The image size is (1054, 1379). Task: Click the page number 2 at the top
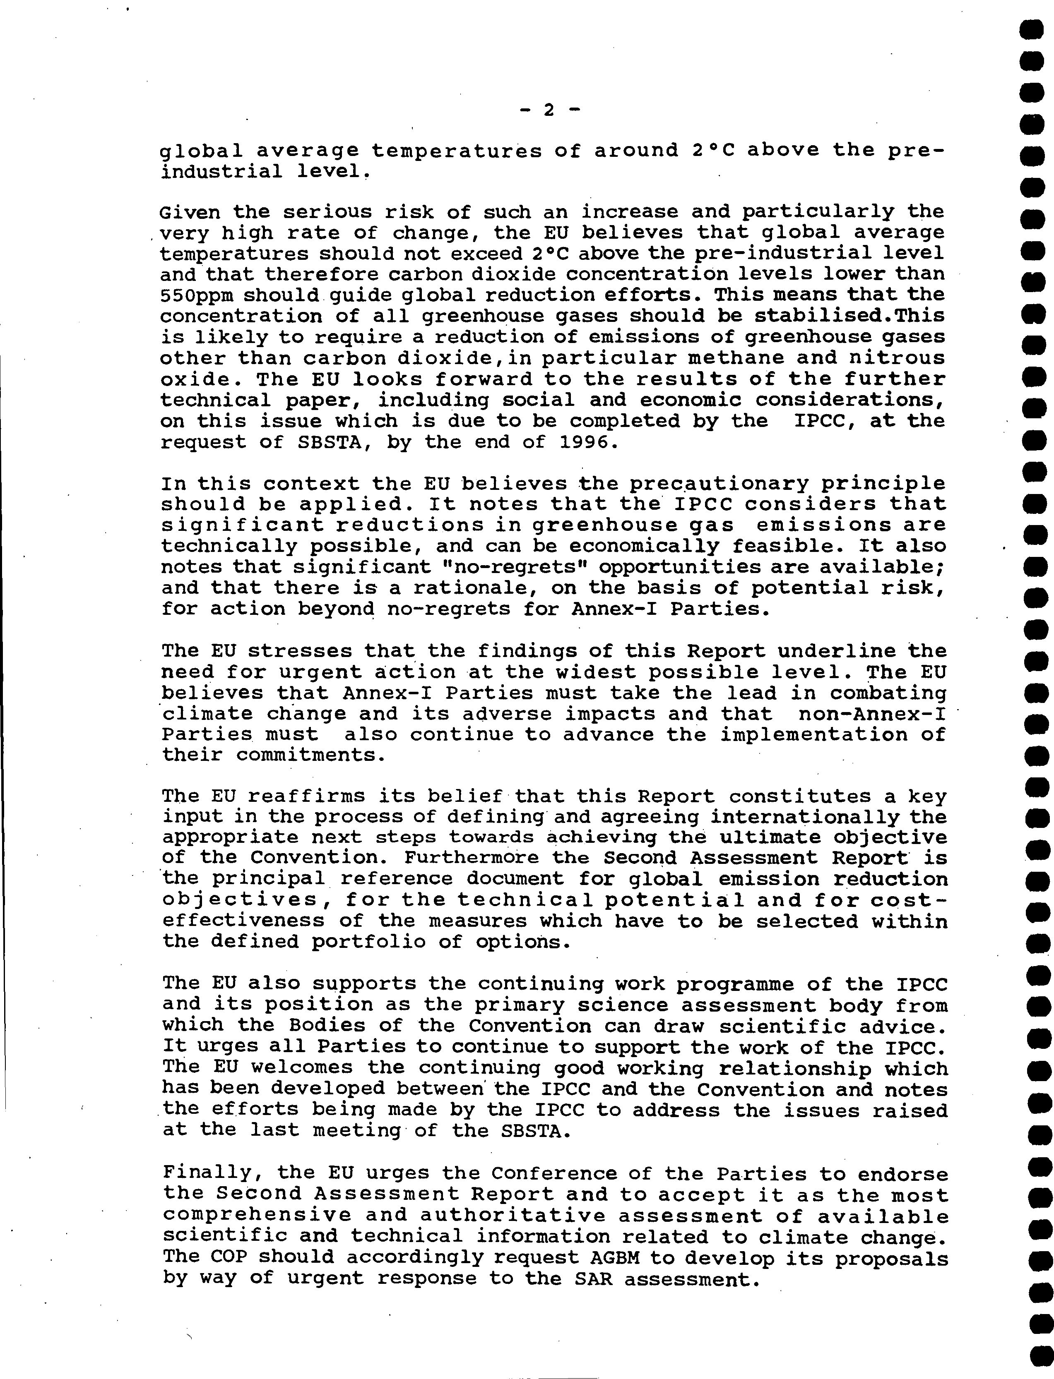coord(549,110)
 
